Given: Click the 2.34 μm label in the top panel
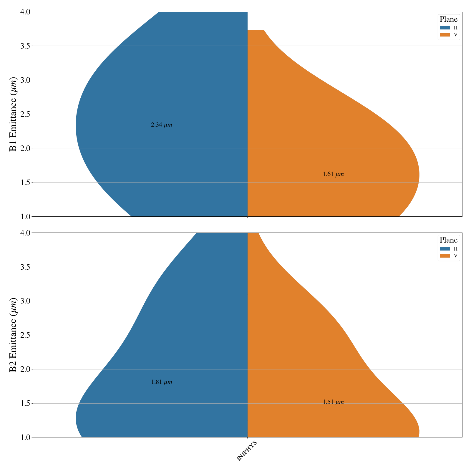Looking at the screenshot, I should pyautogui.click(x=161, y=125).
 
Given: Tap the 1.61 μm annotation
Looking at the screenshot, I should pyautogui.click(x=333, y=174).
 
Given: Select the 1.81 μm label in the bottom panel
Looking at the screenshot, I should pyautogui.click(x=161, y=382).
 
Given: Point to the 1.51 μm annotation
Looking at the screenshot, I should pyautogui.click(x=333, y=402).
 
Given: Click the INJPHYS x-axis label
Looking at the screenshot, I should pyautogui.click(x=247, y=451).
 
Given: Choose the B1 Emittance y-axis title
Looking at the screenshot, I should pyautogui.click(x=13, y=114).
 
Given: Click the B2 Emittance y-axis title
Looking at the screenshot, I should pyautogui.click(x=13, y=335).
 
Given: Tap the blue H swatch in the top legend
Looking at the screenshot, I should pyautogui.click(x=445, y=28).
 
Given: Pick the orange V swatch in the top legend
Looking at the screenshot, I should pyautogui.click(x=445, y=35).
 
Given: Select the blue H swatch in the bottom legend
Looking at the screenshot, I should pyautogui.click(x=445, y=249).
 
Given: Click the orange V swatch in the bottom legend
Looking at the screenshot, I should pyautogui.click(x=445, y=256).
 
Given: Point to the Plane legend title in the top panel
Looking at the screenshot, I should pyautogui.click(x=448, y=19).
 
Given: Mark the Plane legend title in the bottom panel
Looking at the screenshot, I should pyautogui.click(x=448, y=240).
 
